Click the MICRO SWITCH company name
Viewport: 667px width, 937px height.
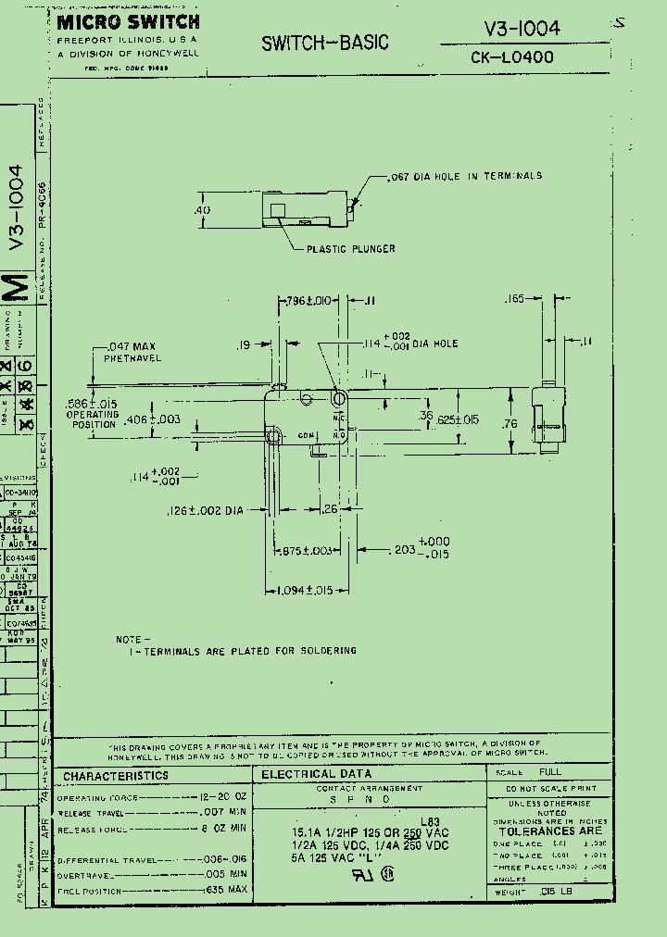pyautogui.click(x=128, y=22)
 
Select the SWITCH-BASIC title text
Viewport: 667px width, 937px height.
pyautogui.click(x=324, y=43)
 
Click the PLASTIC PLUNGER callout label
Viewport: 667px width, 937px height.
pyautogui.click(x=351, y=248)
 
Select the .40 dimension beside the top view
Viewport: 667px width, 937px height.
pyautogui.click(x=202, y=210)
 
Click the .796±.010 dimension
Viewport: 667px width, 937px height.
pyautogui.click(x=308, y=300)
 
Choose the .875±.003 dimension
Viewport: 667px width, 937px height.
pyautogui.click(x=305, y=551)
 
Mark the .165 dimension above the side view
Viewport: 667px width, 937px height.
pyautogui.click(x=514, y=299)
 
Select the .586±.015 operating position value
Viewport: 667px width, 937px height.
pyautogui.click(x=91, y=404)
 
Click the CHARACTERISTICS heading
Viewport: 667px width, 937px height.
pyautogui.click(x=116, y=775)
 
